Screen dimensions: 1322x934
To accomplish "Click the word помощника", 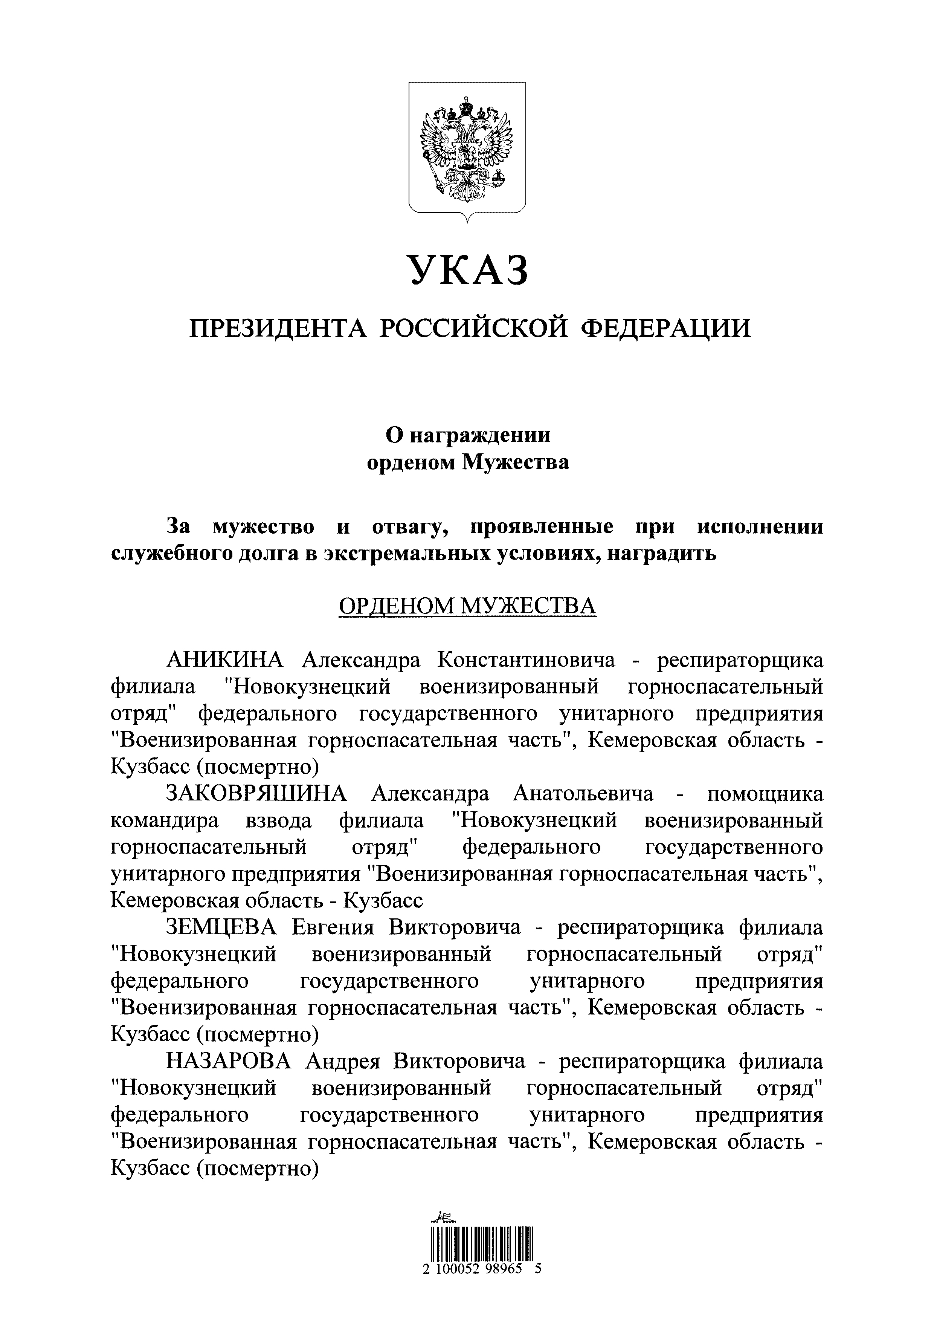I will click(765, 794).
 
